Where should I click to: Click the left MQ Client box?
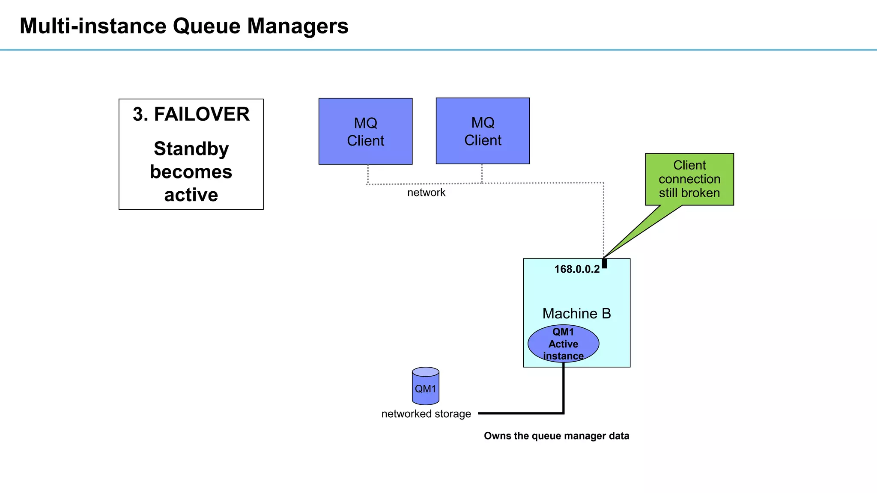click(365, 131)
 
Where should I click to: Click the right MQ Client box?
click(483, 131)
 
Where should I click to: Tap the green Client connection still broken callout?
click(689, 179)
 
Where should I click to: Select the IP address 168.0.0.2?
click(576, 269)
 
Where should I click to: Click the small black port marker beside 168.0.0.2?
click(604, 263)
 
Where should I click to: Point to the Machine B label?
click(576, 313)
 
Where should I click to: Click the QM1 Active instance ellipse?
click(563, 344)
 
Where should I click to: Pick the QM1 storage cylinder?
click(425, 386)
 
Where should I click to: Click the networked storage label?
click(426, 414)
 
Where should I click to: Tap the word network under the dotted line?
click(426, 193)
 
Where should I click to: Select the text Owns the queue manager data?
click(556, 436)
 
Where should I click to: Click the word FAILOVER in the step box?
click(201, 115)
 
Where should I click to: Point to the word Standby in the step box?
click(191, 149)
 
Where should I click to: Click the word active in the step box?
click(191, 195)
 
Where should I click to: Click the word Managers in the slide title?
click(298, 26)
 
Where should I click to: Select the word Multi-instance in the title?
click(93, 26)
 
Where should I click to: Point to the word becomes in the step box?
click(191, 172)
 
